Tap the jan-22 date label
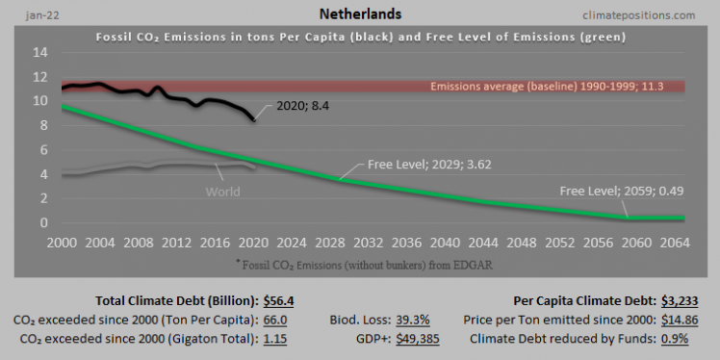25,15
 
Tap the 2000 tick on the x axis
64,243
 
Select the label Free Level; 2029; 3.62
414,165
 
